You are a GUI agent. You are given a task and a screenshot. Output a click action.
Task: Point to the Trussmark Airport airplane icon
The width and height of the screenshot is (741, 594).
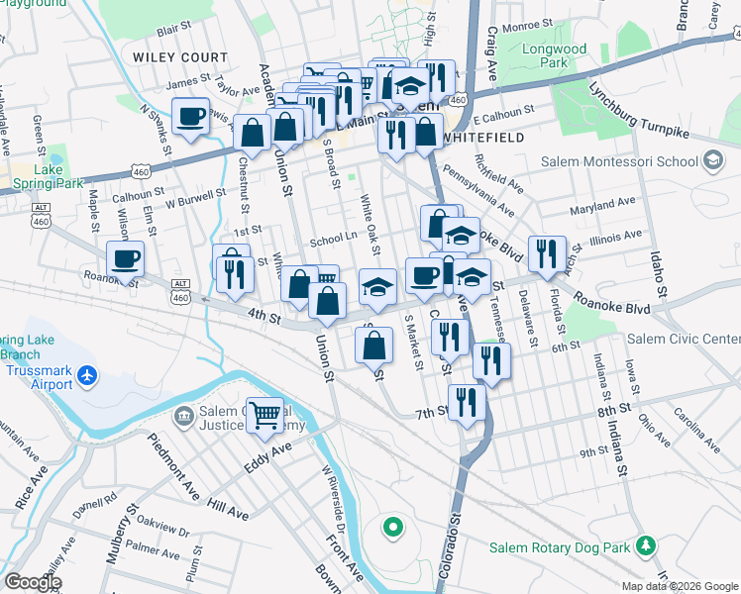click(88, 375)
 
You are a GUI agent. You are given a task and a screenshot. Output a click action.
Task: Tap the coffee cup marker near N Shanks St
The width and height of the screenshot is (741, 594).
click(190, 117)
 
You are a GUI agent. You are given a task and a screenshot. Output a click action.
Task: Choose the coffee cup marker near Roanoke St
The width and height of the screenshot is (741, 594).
click(125, 259)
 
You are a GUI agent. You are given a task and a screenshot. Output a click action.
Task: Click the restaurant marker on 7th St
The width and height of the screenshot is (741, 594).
click(467, 402)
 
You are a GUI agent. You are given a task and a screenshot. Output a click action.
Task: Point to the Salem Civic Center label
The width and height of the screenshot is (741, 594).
click(683, 339)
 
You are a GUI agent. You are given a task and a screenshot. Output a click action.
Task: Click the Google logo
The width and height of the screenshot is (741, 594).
click(33, 582)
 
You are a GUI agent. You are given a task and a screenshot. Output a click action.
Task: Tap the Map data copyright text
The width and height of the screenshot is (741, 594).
click(679, 586)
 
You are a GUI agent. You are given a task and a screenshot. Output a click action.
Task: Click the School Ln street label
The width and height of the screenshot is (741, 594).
click(333, 239)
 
